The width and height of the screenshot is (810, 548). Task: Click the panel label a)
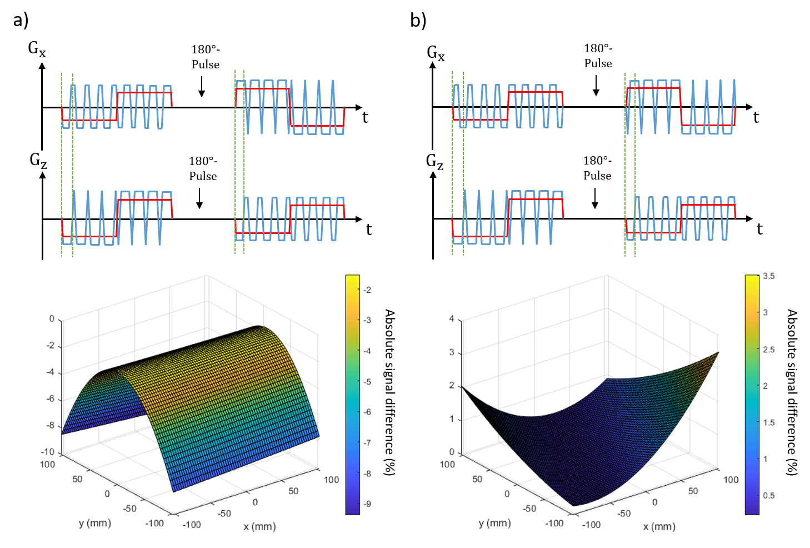click(x=21, y=21)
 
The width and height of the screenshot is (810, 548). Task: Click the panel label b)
click(x=418, y=21)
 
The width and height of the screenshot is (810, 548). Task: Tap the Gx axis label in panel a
click(x=37, y=49)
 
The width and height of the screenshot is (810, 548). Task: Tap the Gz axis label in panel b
click(x=434, y=162)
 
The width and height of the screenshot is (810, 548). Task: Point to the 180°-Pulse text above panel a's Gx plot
click(x=206, y=57)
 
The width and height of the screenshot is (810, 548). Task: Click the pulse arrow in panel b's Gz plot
click(x=595, y=198)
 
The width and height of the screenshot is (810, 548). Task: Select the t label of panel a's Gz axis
click(x=368, y=230)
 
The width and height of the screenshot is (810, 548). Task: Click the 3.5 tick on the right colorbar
click(x=768, y=276)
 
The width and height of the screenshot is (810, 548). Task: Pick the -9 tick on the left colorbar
click(x=367, y=504)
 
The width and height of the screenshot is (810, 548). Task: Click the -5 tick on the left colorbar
click(x=367, y=382)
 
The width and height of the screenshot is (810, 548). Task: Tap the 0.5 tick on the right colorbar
click(x=768, y=495)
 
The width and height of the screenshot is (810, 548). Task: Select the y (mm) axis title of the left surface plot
click(x=95, y=523)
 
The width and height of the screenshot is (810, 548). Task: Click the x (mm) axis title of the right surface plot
click(x=659, y=526)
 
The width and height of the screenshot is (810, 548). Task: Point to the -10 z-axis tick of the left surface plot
click(x=48, y=452)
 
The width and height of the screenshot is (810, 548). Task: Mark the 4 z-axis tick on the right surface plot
click(x=452, y=319)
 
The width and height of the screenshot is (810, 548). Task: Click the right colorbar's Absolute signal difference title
click(x=792, y=392)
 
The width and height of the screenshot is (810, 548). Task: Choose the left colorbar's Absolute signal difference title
click(x=390, y=392)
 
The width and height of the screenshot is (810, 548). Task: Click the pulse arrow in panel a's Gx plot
click(x=202, y=86)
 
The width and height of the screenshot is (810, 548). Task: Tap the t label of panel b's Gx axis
click(x=756, y=117)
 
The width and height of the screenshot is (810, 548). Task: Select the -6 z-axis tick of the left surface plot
click(x=51, y=399)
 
